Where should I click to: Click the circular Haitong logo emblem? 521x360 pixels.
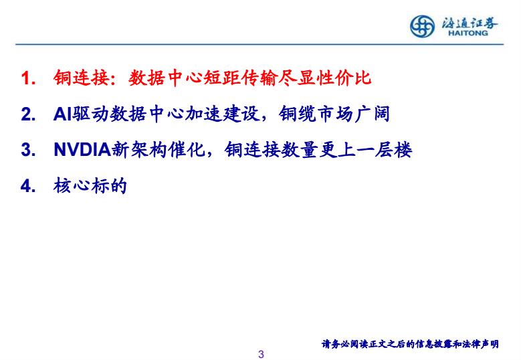tap(422, 26)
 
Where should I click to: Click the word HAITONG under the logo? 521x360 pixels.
tap(468, 33)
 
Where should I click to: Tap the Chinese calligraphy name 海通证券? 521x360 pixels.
tap(469, 23)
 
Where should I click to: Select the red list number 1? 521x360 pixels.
tap(28, 78)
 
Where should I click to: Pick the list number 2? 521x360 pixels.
tap(28, 114)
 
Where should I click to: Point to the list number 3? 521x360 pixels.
tap(28, 150)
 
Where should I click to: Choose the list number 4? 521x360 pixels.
tap(28, 186)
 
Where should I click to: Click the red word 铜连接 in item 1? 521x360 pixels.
tap(82, 78)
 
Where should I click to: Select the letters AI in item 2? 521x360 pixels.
tap(63, 114)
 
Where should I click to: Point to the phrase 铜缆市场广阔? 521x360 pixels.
tap(334, 114)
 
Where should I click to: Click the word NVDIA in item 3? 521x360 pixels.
tap(82, 150)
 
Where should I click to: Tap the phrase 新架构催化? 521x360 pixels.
tap(158, 150)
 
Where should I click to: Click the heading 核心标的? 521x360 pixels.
tap(90, 185)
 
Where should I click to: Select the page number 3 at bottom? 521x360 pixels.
tap(261, 355)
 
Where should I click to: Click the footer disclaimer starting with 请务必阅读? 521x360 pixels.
tap(410, 344)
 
